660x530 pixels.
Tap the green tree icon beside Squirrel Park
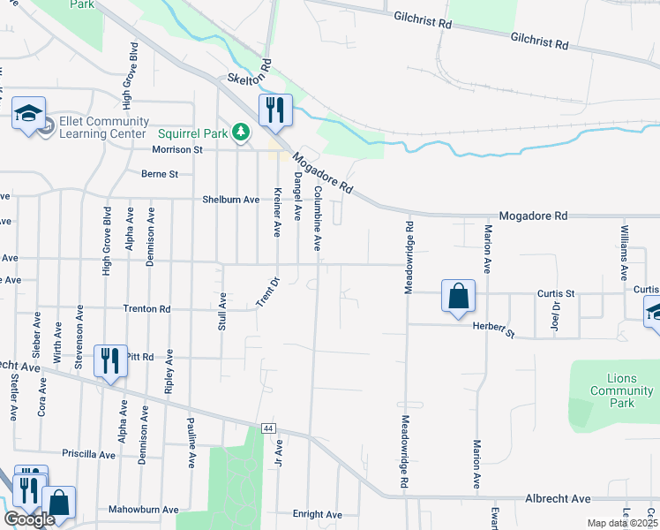(x=240, y=133)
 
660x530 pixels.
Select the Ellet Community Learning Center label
(x=102, y=127)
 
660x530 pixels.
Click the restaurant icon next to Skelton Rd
(x=275, y=110)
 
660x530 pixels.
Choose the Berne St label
(x=160, y=174)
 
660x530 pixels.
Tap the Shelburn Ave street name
(x=231, y=200)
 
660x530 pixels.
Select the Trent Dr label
(x=268, y=292)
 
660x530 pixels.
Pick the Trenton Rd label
(x=147, y=309)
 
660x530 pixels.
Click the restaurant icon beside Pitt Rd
(x=110, y=360)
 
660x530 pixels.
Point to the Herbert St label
(x=493, y=329)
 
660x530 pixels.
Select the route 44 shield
(x=268, y=428)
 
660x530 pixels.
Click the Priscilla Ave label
(x=88, y=454)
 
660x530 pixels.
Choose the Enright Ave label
(x=317, y=514)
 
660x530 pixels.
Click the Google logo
(x=29, y=520)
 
